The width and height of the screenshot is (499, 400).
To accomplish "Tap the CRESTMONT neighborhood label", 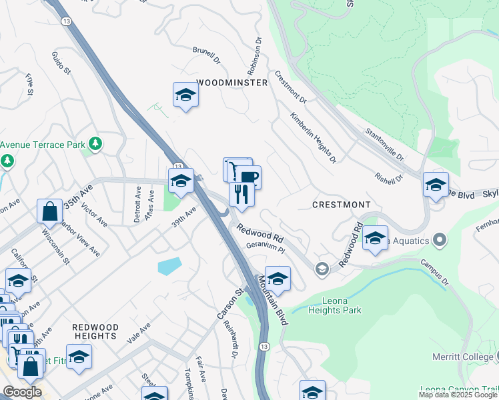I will click(x=341, y=203).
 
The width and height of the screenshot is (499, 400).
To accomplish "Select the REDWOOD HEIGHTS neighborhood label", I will click(x=95, y=332).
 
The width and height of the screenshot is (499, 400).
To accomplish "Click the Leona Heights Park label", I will click(x=337, y=305).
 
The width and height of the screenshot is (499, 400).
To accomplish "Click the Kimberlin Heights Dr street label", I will click(x=312, y=138).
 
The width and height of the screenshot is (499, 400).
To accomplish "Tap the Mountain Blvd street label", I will click(x=273, y=300).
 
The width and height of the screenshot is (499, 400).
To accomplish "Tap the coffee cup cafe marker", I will click(x=249, y=177).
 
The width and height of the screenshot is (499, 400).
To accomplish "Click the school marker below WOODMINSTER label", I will click(x=185, y=95).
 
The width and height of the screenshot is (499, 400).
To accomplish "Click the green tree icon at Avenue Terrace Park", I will click(x=95, y=143).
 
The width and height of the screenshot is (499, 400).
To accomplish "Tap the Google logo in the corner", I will click(x=22, y=392).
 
